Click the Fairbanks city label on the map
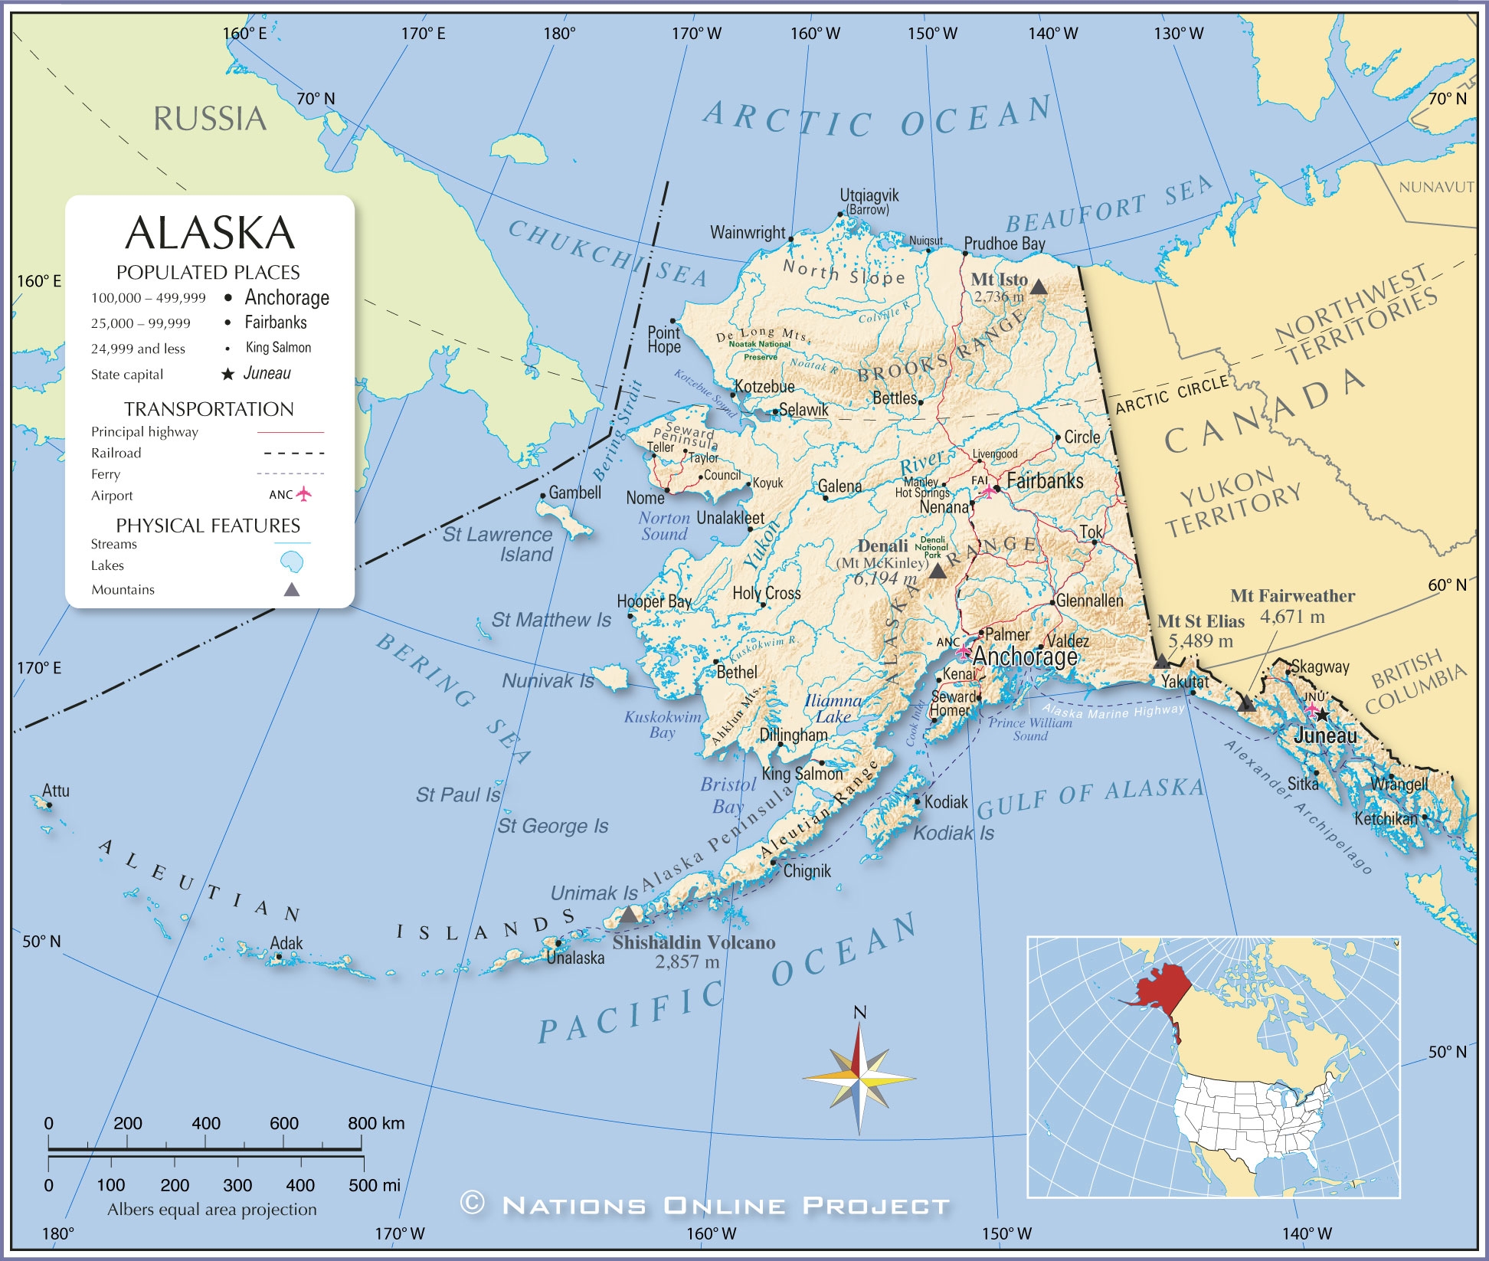1045,481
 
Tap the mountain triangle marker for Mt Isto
1038,287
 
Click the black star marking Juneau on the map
1322,715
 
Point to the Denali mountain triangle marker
937,571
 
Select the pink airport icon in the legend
304,494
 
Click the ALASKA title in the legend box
210,233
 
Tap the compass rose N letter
859,1013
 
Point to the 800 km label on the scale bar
375,1123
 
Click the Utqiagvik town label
869,195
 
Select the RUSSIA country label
210,119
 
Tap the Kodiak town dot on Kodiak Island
918,802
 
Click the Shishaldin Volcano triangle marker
629,915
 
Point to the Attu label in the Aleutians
56,791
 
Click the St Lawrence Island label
498,544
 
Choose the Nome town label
645,498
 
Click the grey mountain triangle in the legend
292,589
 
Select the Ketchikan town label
1386,818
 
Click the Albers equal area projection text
211,1209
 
